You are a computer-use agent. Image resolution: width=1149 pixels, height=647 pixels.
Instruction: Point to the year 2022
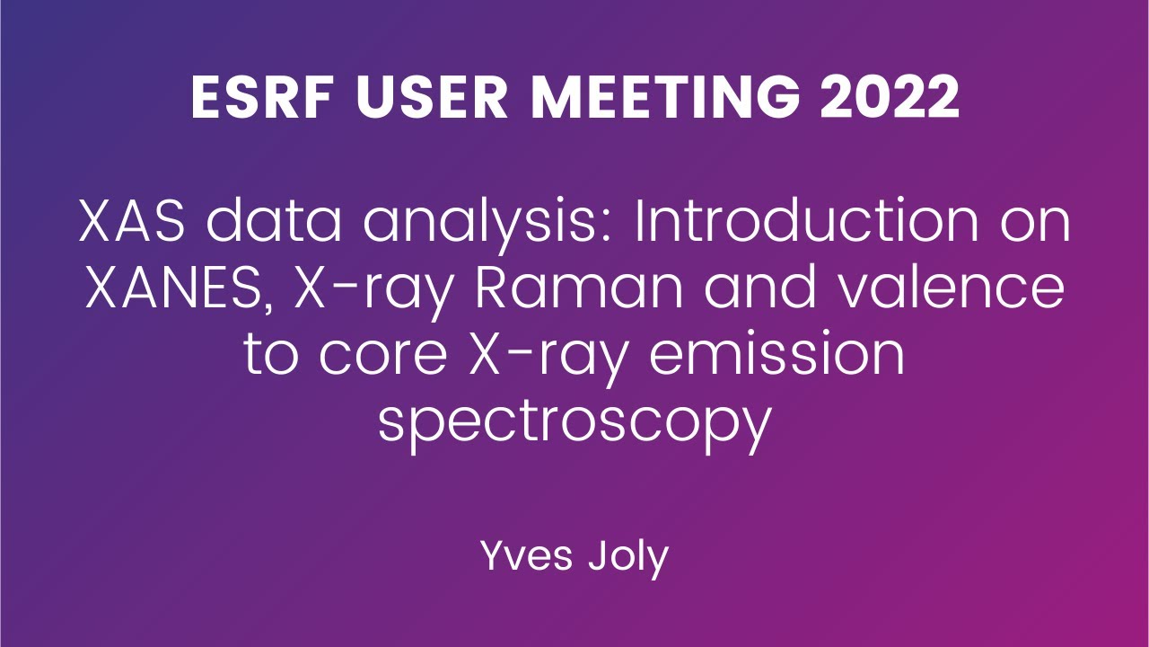(x=887, y=99)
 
